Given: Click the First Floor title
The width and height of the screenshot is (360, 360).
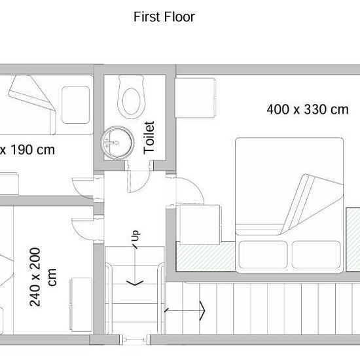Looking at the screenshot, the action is tap(164, 17).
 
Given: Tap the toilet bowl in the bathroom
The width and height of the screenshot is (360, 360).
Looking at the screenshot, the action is tap(132, 97).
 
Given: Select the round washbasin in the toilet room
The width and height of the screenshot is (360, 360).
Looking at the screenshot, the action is tap(118, 142).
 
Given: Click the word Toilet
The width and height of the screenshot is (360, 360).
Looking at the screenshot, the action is tap(149, 137).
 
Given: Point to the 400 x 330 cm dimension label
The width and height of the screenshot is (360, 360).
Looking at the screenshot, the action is tap(308, 109).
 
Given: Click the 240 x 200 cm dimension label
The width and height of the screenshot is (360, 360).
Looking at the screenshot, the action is tap(43, 277).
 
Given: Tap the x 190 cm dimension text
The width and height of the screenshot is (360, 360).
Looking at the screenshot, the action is tap(27, 150).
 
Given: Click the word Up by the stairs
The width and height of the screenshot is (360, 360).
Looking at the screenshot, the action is tap(135, 236).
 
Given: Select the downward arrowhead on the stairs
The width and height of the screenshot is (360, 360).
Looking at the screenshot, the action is tap(135, 283).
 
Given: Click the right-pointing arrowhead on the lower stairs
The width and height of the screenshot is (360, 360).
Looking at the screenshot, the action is tap(202, 311).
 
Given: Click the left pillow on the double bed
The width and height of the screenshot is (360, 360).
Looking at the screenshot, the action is tap(263, 255).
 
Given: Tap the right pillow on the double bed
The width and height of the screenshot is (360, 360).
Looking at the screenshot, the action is tap(316, 255).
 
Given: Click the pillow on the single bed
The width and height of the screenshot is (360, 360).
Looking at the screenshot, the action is tap(75, 105).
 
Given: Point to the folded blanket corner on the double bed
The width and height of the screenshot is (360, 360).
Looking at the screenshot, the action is tap(312, 204).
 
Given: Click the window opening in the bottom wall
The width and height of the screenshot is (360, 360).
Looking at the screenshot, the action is tap(135, 340).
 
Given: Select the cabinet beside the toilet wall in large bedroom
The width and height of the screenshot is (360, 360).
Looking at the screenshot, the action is tap(196, 98).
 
